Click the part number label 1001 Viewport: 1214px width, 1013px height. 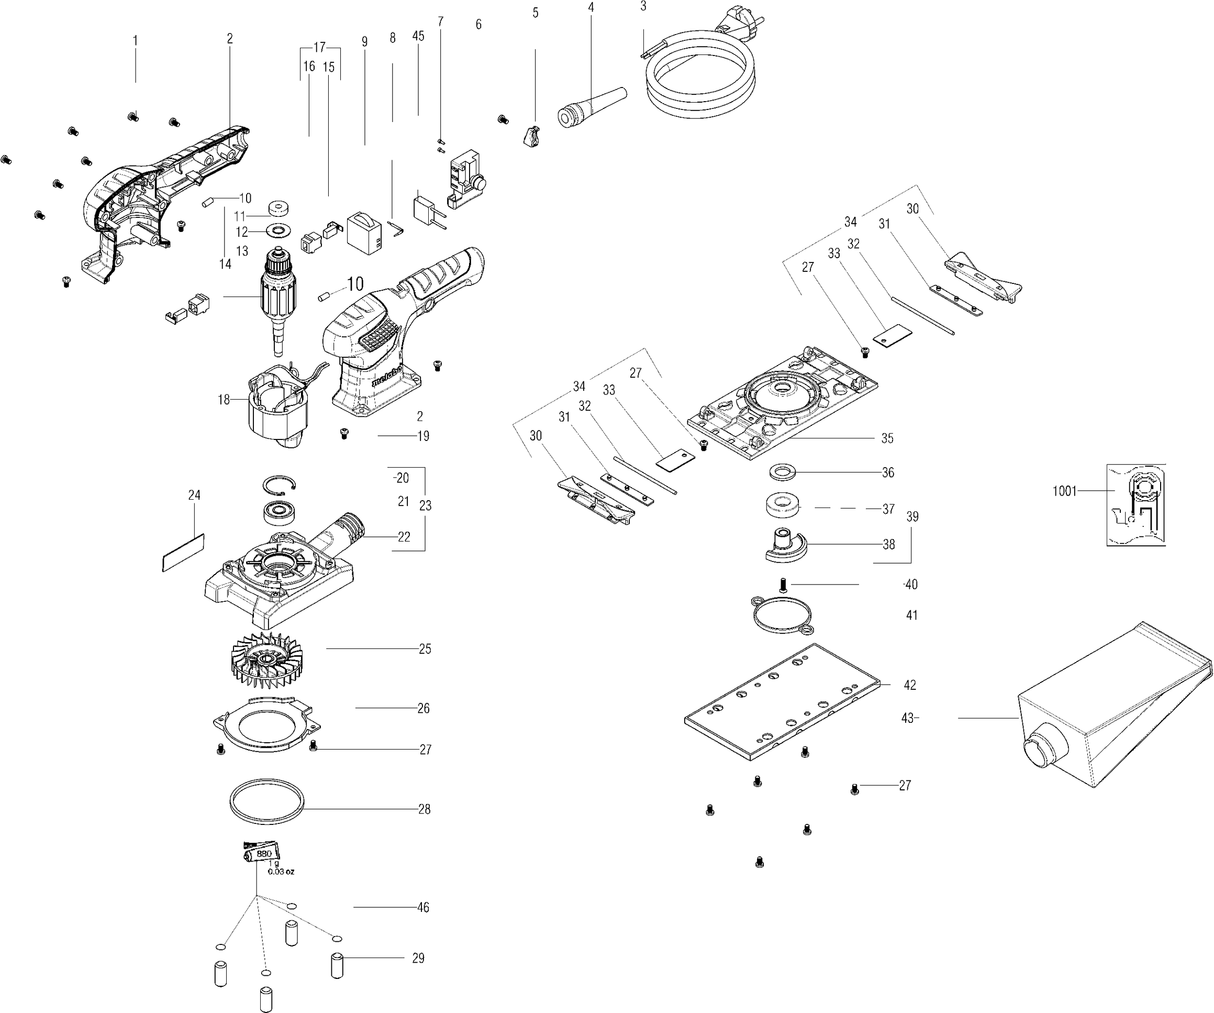point(1064,491)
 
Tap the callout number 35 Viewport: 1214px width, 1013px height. point(887,438)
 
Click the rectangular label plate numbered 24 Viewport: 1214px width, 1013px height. point(183,553)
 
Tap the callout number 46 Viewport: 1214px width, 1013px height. point(423,907)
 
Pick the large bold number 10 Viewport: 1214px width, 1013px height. point(355,284)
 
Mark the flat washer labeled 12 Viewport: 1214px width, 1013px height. point(279,231)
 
